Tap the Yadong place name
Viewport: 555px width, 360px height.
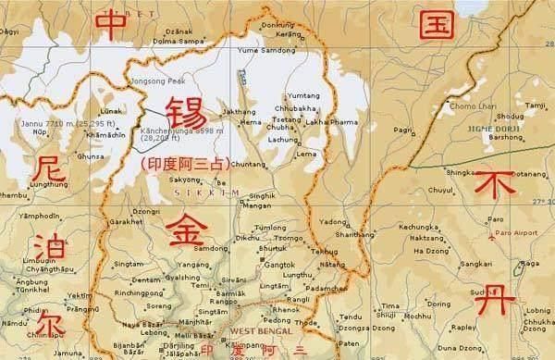click(357, 222)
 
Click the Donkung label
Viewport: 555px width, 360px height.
click(279, 24)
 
